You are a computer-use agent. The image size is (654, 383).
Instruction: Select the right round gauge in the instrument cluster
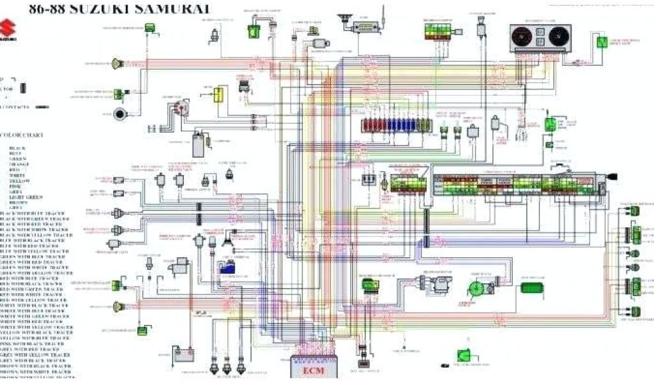pos(558,36)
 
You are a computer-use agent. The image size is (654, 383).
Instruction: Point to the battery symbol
pos(183,353)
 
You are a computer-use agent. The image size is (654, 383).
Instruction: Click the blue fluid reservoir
pos(227,268)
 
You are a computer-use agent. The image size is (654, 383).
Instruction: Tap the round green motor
pos(476,289)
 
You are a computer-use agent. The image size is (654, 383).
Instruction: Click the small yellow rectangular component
pos(218,95)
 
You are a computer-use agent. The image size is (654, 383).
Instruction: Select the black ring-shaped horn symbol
pos(120,115)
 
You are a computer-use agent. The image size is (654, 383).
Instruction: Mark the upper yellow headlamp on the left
pos(117,63)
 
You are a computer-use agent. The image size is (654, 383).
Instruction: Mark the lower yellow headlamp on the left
pos(117,306)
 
